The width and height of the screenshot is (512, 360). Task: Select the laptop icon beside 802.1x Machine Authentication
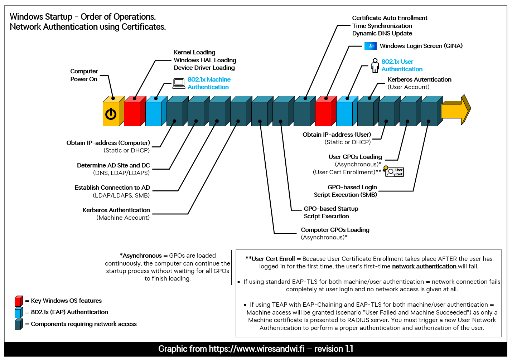[x=179, y=83]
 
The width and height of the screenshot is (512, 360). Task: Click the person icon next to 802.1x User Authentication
[x=375, y=65]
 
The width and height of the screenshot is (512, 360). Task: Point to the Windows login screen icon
[x=370, y=46]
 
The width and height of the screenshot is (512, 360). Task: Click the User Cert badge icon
[x=394, y=172]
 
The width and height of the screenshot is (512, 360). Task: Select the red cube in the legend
[x=19, y=301]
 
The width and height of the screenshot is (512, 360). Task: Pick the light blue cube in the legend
[x=19, y=313]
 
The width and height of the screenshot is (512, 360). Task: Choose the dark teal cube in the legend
[x=19, y=325]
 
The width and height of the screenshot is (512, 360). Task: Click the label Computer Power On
[x=84, y=75]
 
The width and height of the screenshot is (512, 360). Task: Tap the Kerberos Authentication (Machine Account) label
[x=116, y=214]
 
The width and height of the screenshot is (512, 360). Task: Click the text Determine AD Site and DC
[x=113, y=165]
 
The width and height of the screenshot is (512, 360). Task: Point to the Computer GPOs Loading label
[x=335, y=230]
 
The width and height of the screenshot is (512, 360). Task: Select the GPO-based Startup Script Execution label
[x=331, y=212]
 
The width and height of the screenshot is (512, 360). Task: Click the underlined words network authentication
[x=424, y=266]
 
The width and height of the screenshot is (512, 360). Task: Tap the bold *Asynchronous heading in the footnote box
[x=141, y=256]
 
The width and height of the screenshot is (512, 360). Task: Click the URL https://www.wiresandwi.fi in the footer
[x=256, y=349]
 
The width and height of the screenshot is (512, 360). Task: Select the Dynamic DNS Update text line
[x=382, y=33]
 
